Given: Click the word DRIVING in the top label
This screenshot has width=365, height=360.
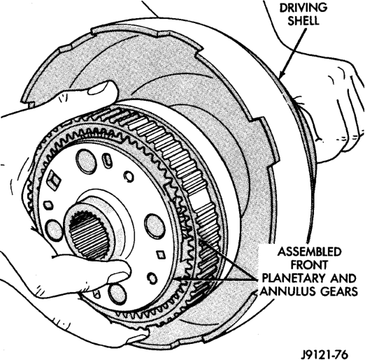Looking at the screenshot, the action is pos(303,8).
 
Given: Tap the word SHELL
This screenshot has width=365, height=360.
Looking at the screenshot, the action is pos(303,21).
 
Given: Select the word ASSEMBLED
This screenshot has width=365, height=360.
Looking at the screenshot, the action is pos(309,252).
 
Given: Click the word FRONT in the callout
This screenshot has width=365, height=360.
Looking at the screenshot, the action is pos(309,265).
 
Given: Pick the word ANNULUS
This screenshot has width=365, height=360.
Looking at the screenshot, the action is pos(285,291).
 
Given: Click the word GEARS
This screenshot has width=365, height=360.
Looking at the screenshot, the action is pos(336,291).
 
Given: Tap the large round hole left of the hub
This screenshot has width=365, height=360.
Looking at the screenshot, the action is pos(55,231).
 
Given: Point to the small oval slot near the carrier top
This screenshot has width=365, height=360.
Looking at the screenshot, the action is pos(107,159).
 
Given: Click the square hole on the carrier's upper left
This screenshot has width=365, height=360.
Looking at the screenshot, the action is pos(54,180).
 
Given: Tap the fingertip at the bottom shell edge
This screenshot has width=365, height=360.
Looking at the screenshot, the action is pos(138,340).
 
